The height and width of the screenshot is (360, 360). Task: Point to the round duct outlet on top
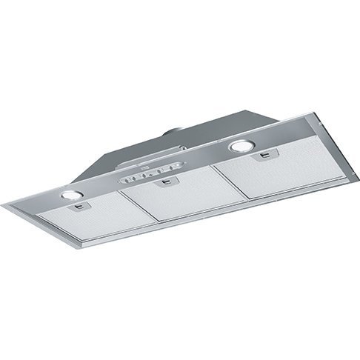(x=181, y=133)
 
